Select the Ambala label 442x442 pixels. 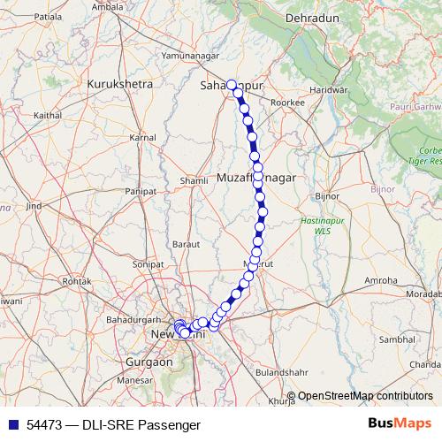(107, 7)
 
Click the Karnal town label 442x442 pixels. (142, 138)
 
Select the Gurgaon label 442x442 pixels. (149, 362)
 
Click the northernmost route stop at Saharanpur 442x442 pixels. (232, 85)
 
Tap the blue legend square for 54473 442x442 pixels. (11, 424)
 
